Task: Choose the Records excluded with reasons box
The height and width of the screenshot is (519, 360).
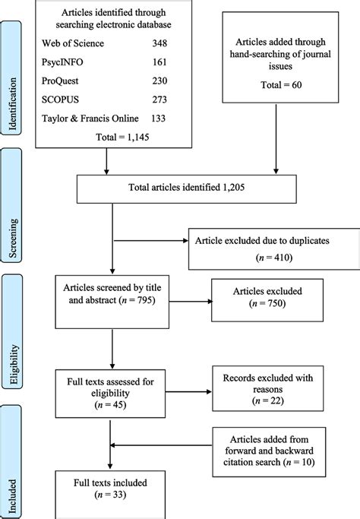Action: (268, 388)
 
